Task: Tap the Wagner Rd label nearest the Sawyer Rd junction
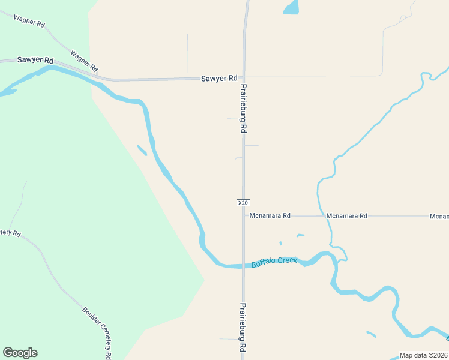click(x=84, y=61)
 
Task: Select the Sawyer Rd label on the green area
click(x=35, y=61)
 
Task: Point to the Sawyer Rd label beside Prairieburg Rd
click(x=219, y=79)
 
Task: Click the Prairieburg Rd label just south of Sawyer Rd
click(x=244, y=108)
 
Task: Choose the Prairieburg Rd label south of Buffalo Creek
click(x=243, y=327)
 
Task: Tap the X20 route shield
click(x=243, y=203)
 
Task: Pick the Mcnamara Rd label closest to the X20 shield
click(x=270, y=215)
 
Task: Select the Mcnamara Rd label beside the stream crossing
click(x=347, y=215)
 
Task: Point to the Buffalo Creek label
click(x=274, y=262)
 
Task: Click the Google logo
click(x=20, y=353)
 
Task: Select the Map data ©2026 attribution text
click(x=424, y=355)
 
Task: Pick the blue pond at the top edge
click(x=291, y=7)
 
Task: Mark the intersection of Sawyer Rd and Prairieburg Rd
click(x=244, y=77)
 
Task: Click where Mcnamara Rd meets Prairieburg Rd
click(x=244, y=215)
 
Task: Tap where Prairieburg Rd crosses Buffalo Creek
click(x=244, y=266)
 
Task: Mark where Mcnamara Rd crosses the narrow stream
click(x=325, y=216)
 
